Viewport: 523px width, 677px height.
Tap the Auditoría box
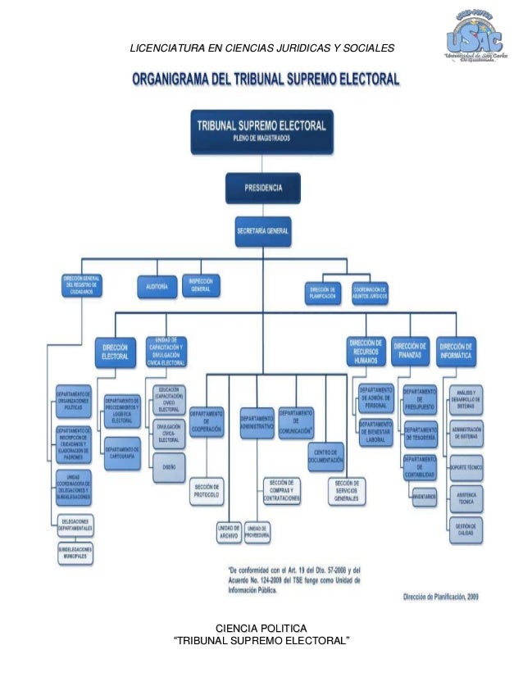coord(157,287)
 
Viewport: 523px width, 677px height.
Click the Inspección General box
coord(201,285)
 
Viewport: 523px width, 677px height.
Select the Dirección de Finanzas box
coord(411,350)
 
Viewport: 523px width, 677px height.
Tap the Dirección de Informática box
coord(457,350)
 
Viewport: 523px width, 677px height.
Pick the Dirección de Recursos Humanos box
coord(366,352)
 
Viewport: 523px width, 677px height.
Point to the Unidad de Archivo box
coord(228,533)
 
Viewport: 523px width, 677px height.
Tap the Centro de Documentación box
coord(325,457)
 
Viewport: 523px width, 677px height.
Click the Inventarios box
coord(424,496)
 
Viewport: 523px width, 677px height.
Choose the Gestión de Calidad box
coord(465,530)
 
